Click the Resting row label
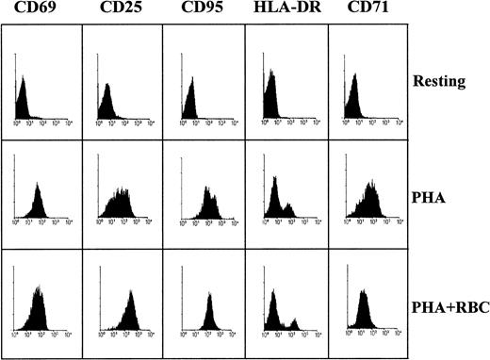[x=440, y=81]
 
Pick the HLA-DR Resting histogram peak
[x=269, y=72]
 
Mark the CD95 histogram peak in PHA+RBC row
[x=209, y=299]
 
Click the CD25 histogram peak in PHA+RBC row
[x=129, y=292]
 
